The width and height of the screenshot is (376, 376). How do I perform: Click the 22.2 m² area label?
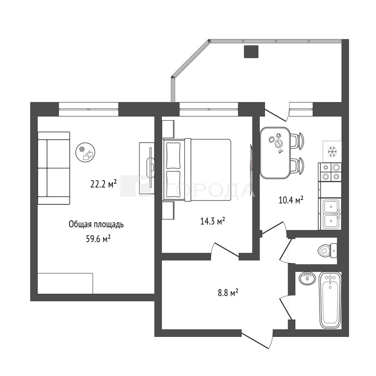[103, 184]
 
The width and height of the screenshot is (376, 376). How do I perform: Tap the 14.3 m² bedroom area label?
[213, 221]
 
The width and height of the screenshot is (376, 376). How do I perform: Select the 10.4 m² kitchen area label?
[291, 200]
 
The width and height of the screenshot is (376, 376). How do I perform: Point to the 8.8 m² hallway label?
[228, 293]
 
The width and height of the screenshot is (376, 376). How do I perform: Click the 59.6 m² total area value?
[98, 239]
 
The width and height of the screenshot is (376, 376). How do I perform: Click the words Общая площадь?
[96, 224]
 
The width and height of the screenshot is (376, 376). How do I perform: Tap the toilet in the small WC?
[328, 250]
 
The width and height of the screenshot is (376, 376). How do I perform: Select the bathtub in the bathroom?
[330, 300]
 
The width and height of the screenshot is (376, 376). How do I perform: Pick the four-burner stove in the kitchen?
[330, 172]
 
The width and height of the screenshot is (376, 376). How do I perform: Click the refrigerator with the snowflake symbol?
[332, 152]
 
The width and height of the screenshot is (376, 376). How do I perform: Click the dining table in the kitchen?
[276, 153]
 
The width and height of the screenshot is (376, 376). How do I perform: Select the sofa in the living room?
[54, 168]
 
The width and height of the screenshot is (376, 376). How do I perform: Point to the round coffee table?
[85, 152]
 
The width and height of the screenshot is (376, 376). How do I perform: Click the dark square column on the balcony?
[251, 52]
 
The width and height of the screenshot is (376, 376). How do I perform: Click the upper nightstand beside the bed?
[168, 129]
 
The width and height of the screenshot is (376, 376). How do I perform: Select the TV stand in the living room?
[147, 168]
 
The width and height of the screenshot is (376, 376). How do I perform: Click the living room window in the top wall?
[89, 109]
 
